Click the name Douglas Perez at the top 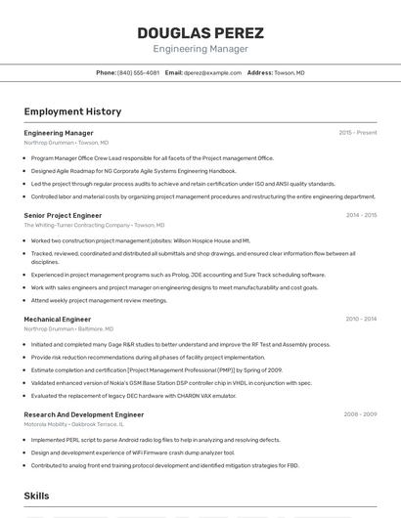(200, 31)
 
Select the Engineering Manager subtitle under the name (200, 49)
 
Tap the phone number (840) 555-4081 (138, 73)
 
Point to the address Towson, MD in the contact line (290, 73)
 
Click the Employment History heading (72, 111)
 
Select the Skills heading (36, 496)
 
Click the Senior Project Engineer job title (63, 215)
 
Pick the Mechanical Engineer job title (58, 319)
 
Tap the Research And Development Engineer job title (84, 414)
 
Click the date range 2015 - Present (357, 132)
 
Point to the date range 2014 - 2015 (361, 215)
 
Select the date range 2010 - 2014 (361, 319)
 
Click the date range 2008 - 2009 (360, 414)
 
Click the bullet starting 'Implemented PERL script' (156, 440)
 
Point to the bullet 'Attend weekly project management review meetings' (99, 300)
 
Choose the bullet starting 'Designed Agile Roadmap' (133, 170)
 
